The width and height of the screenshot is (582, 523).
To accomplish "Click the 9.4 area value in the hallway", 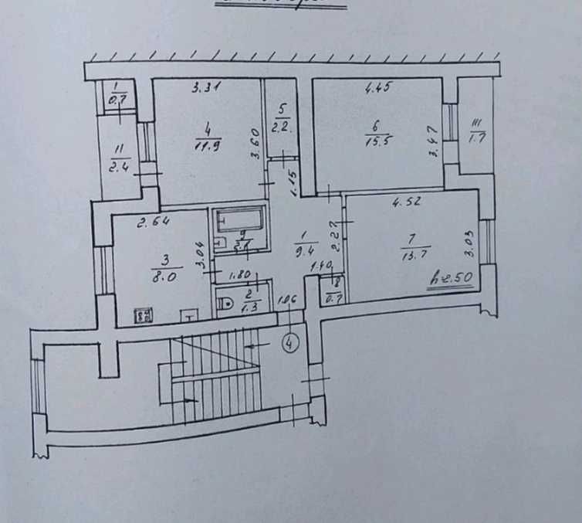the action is (303, 250).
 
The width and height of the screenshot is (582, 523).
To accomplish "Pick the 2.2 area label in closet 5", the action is (283, 127).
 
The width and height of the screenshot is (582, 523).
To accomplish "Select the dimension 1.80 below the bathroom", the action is (238, 273).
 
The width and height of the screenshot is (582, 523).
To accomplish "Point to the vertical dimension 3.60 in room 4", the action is (255, 144).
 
